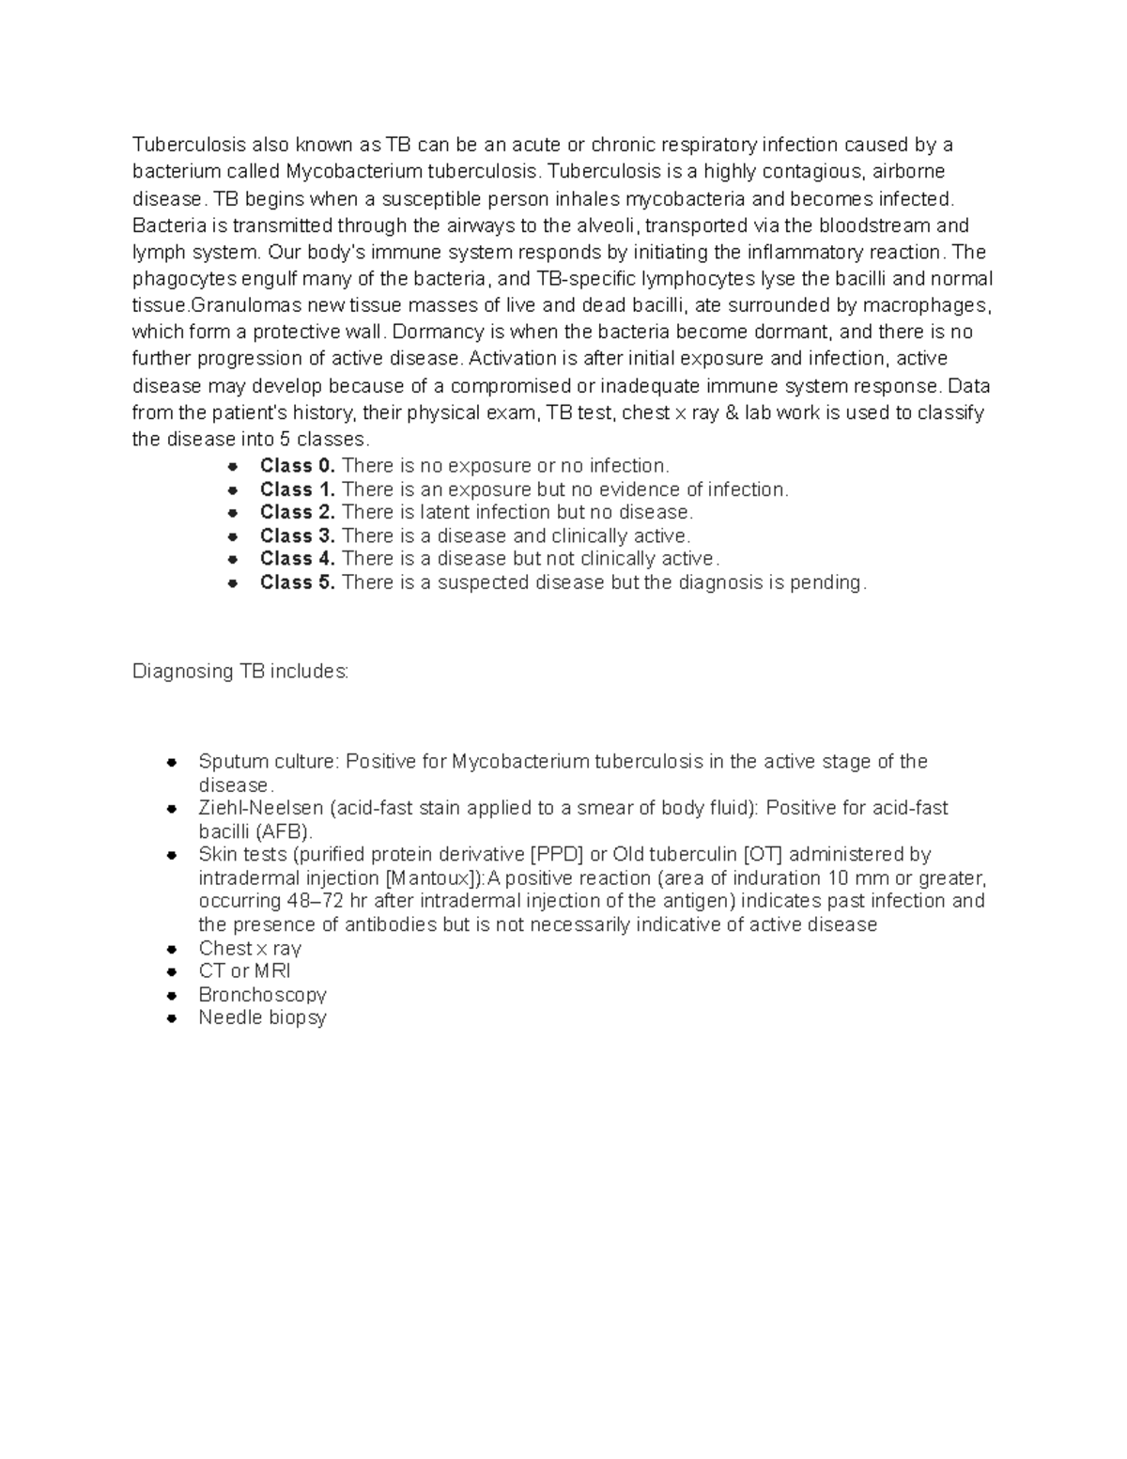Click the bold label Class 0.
pos(297,466)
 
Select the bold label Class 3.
pos(297,536)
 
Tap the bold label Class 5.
pos(297,582)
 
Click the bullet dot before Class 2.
pos(233,513)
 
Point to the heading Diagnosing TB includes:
pos(240,672)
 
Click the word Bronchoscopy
pos(262,995)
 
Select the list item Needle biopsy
pos(262,1017)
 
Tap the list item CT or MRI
pos(244,971)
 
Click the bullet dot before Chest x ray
pos(171,949)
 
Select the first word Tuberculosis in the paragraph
pos(189,145)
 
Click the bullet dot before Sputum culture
pos(171,762)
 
